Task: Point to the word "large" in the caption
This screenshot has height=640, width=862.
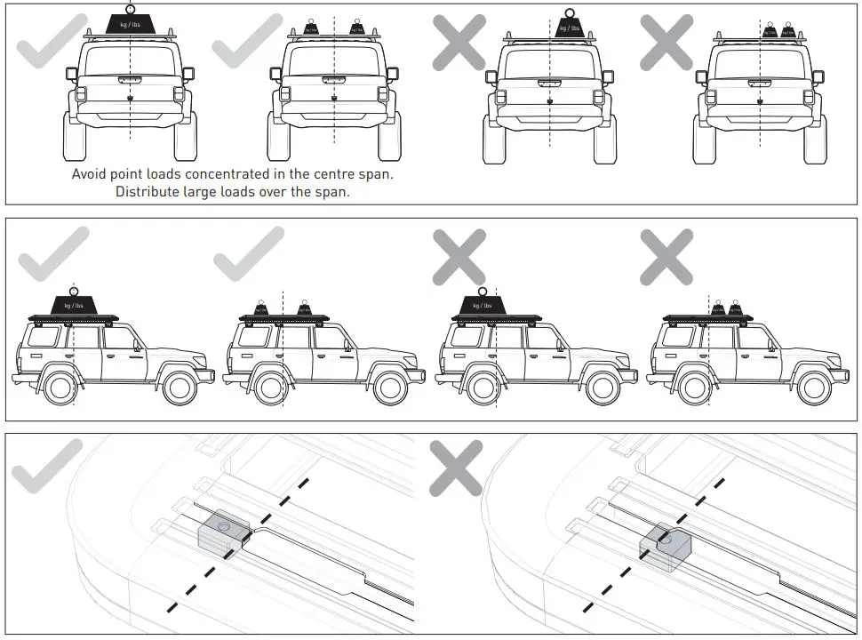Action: (207, 191)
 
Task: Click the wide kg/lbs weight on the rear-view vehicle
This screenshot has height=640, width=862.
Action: (131, 24)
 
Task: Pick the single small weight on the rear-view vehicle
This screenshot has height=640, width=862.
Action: (567, 27)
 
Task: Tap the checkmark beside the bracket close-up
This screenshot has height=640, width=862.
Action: (47, 466)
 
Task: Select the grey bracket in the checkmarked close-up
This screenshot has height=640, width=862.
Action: (221, 533)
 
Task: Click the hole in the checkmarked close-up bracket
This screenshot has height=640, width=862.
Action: (222, 527)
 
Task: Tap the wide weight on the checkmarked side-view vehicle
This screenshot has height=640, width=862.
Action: (73, 304)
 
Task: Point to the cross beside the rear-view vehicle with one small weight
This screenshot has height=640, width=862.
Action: (459, 41)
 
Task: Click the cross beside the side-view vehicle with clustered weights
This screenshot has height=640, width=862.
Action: (666, 256)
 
